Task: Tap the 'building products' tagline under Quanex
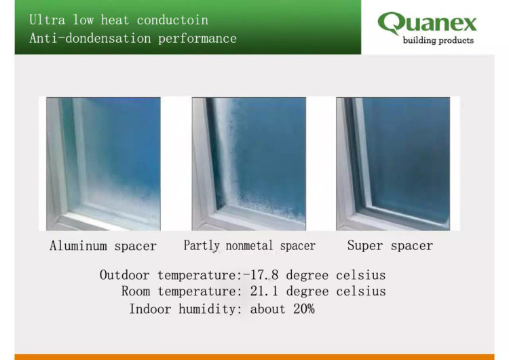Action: (438, 41)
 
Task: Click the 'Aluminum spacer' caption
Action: (103, 246)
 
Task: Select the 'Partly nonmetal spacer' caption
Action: (249, 245)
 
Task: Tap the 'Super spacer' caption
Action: (390, 245)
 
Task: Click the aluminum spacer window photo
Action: (103, 163)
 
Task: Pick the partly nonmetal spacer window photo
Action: (248, 163)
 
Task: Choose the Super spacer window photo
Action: (393, 163)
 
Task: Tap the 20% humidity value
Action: (302, 308)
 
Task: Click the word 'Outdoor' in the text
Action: (126, 275)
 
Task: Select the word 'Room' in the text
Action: (136, 291)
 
